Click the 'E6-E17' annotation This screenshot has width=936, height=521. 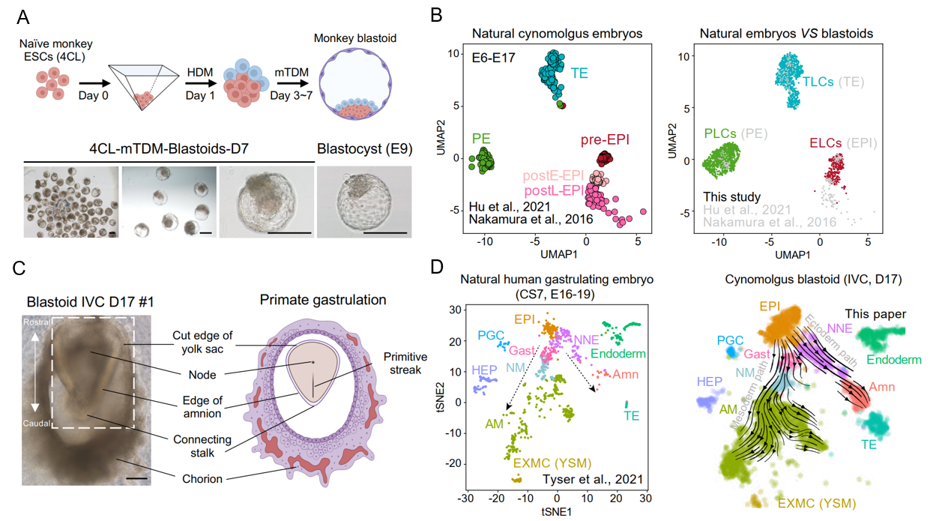pos(493,57)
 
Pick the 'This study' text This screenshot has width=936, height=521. pos(733,197)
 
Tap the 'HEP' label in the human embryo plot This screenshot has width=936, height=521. pos(484,370)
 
